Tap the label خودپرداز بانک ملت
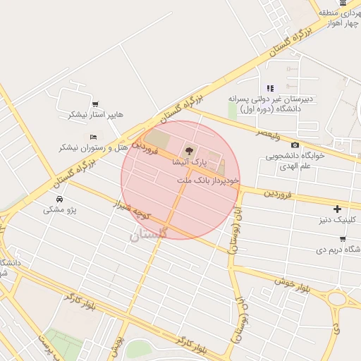[x=209, y=180]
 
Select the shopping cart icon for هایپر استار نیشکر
[x=95, y=103]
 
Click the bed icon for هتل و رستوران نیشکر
[x=93, y=137]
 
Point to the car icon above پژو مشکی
[x=61, y=199]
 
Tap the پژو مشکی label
[x=60, y=209]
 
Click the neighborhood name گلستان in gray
[x=149, y=234]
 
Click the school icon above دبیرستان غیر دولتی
[x=269, y=88]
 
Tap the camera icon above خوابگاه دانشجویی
[x=295, y=145]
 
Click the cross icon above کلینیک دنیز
[x=338, y=209]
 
